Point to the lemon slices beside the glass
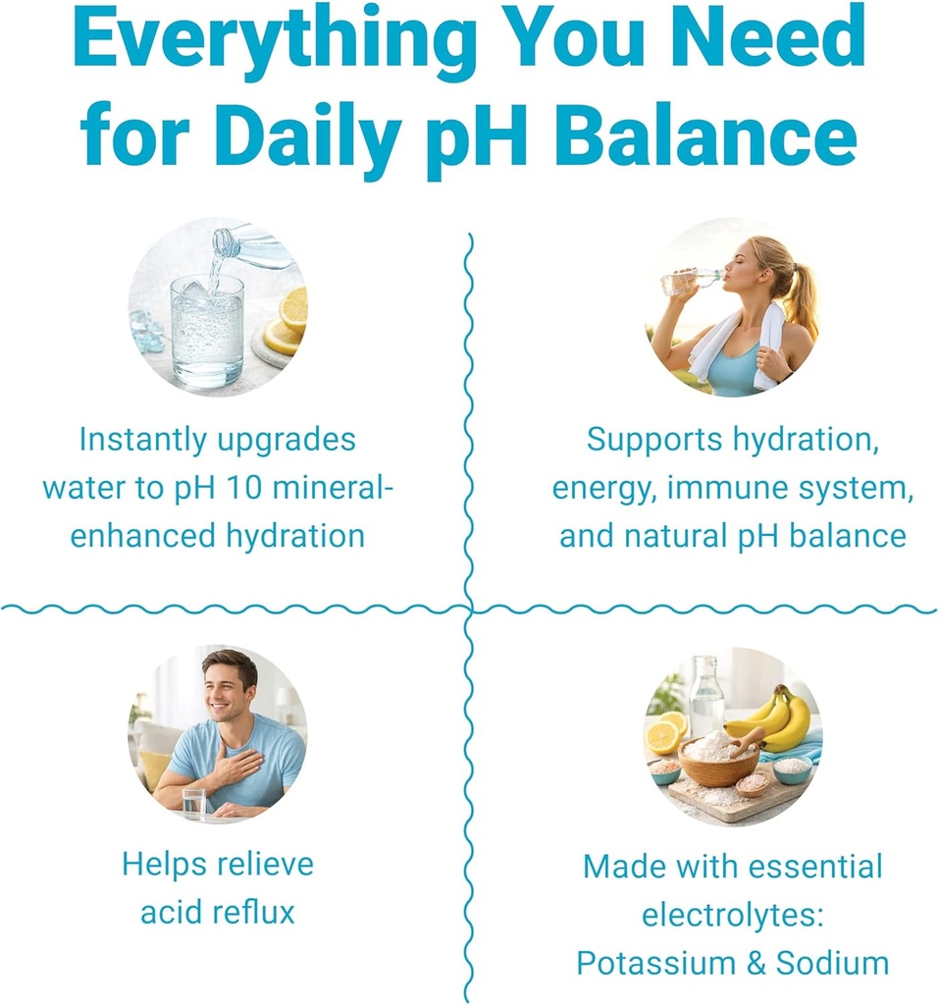(x=288, y=323)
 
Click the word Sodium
(x=832, y=963)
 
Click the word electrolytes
(x=731, y=915)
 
